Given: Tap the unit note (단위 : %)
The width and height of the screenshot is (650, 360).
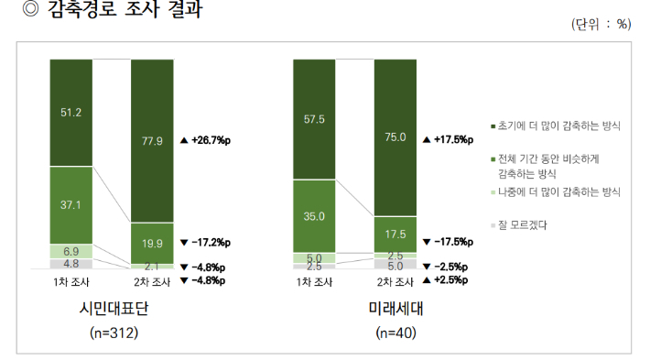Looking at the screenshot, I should [601, 25].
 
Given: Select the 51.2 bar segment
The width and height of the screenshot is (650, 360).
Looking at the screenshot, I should [70, 113].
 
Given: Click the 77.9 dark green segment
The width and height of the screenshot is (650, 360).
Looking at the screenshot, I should [152, 140].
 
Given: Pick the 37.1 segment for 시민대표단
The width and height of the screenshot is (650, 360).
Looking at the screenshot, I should [70, 205].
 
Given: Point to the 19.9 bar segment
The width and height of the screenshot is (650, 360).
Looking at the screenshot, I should [152, 243].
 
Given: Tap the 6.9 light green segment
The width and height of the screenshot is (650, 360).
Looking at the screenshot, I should [70, 250].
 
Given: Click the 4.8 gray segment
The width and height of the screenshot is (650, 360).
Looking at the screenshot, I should [70, 263].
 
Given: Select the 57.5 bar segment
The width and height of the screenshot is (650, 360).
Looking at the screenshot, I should [314, 119].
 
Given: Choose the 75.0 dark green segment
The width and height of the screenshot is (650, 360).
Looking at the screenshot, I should [395, 137].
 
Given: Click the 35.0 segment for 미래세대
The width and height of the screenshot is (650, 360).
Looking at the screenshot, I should [314, 215].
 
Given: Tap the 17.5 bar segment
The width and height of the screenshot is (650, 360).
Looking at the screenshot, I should [395, 234].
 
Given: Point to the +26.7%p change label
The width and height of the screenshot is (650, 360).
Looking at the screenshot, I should [205, 140].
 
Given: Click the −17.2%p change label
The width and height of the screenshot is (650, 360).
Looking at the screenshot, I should [205, 243].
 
